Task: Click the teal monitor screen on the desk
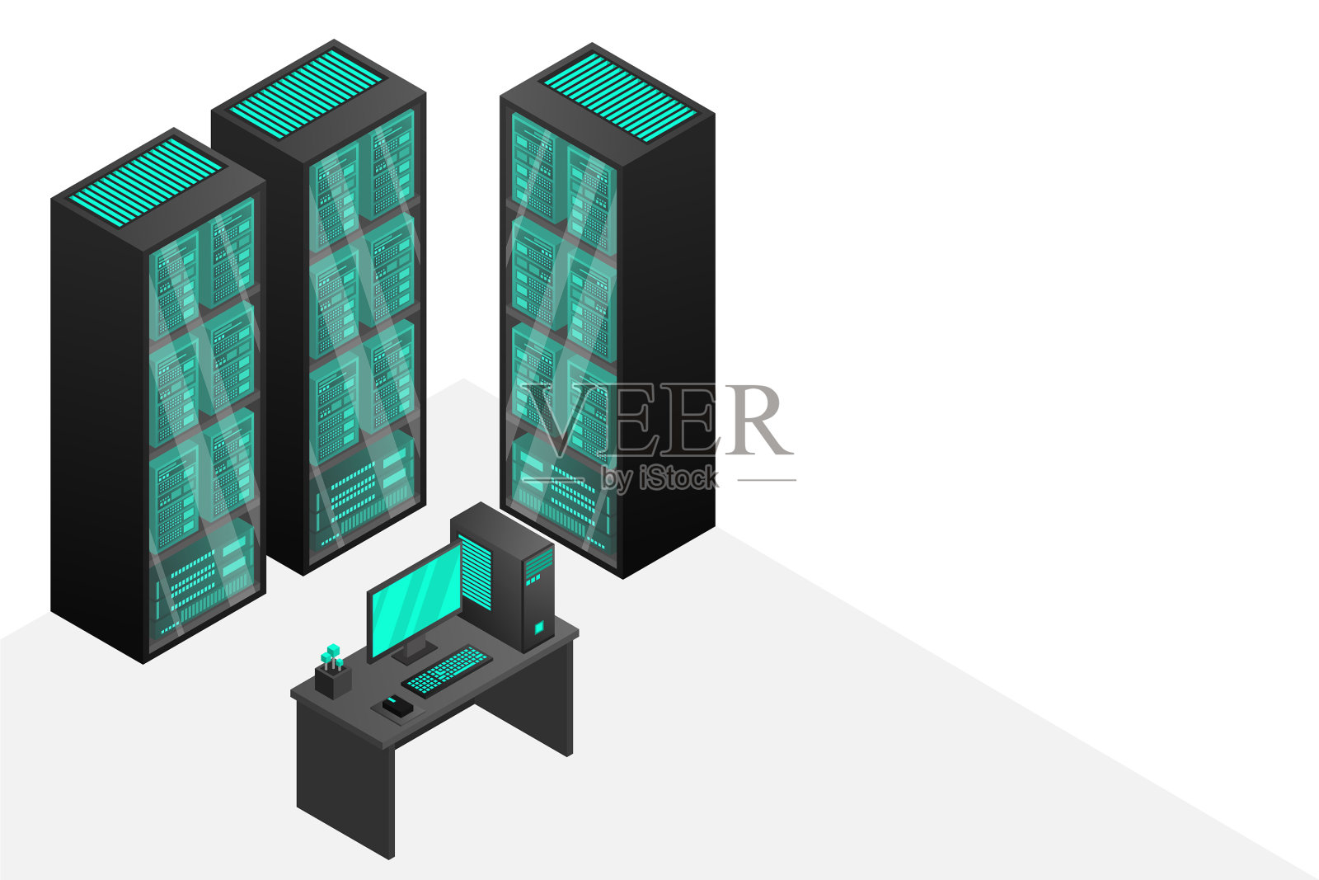[x=415, y=601]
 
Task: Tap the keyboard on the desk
[x=446, y=672]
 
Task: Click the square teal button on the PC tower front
[x=538, y=628]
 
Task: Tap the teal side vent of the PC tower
[x=475, y=572]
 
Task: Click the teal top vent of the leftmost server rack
[x=146, y=181]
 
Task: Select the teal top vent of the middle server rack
[x=306, y=94]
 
